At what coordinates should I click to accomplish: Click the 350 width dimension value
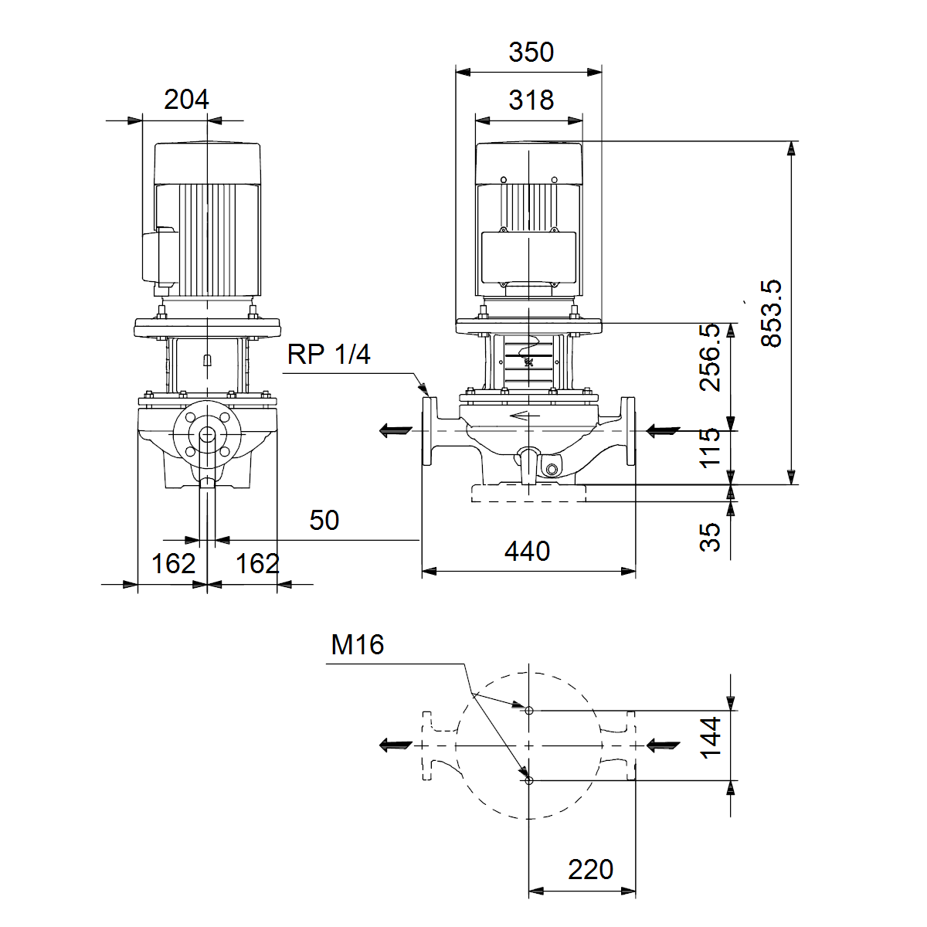(x=531, y=52)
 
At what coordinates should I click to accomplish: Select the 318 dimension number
(x=531, y=100)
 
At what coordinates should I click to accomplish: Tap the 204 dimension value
(x=186, y=100)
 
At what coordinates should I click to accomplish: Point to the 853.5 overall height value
(x=771, y=313)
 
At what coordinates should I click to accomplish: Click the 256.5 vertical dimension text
(x=710, y=357)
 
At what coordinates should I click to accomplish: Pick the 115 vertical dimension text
(x=710, y=447)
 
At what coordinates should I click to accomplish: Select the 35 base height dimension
(x=710, y=537)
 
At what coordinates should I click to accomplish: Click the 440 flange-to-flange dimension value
(x=528, y=552)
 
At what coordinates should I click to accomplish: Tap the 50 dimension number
(x=324, y=520)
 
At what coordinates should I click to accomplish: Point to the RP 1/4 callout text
(x=328, y=355)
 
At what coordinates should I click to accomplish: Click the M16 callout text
(x=358, y=644)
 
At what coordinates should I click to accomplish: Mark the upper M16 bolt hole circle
(x=528, y=711)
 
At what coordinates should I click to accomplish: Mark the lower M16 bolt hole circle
(x=528, y=781)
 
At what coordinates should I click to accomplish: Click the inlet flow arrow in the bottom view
(x=662, y=745)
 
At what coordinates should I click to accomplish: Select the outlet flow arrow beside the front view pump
(x=396, y=430)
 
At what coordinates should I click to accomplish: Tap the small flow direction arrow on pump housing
(x=525, y=415)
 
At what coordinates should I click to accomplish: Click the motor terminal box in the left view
(x=160, y=258)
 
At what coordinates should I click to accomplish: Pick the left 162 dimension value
(x=173, y=563)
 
